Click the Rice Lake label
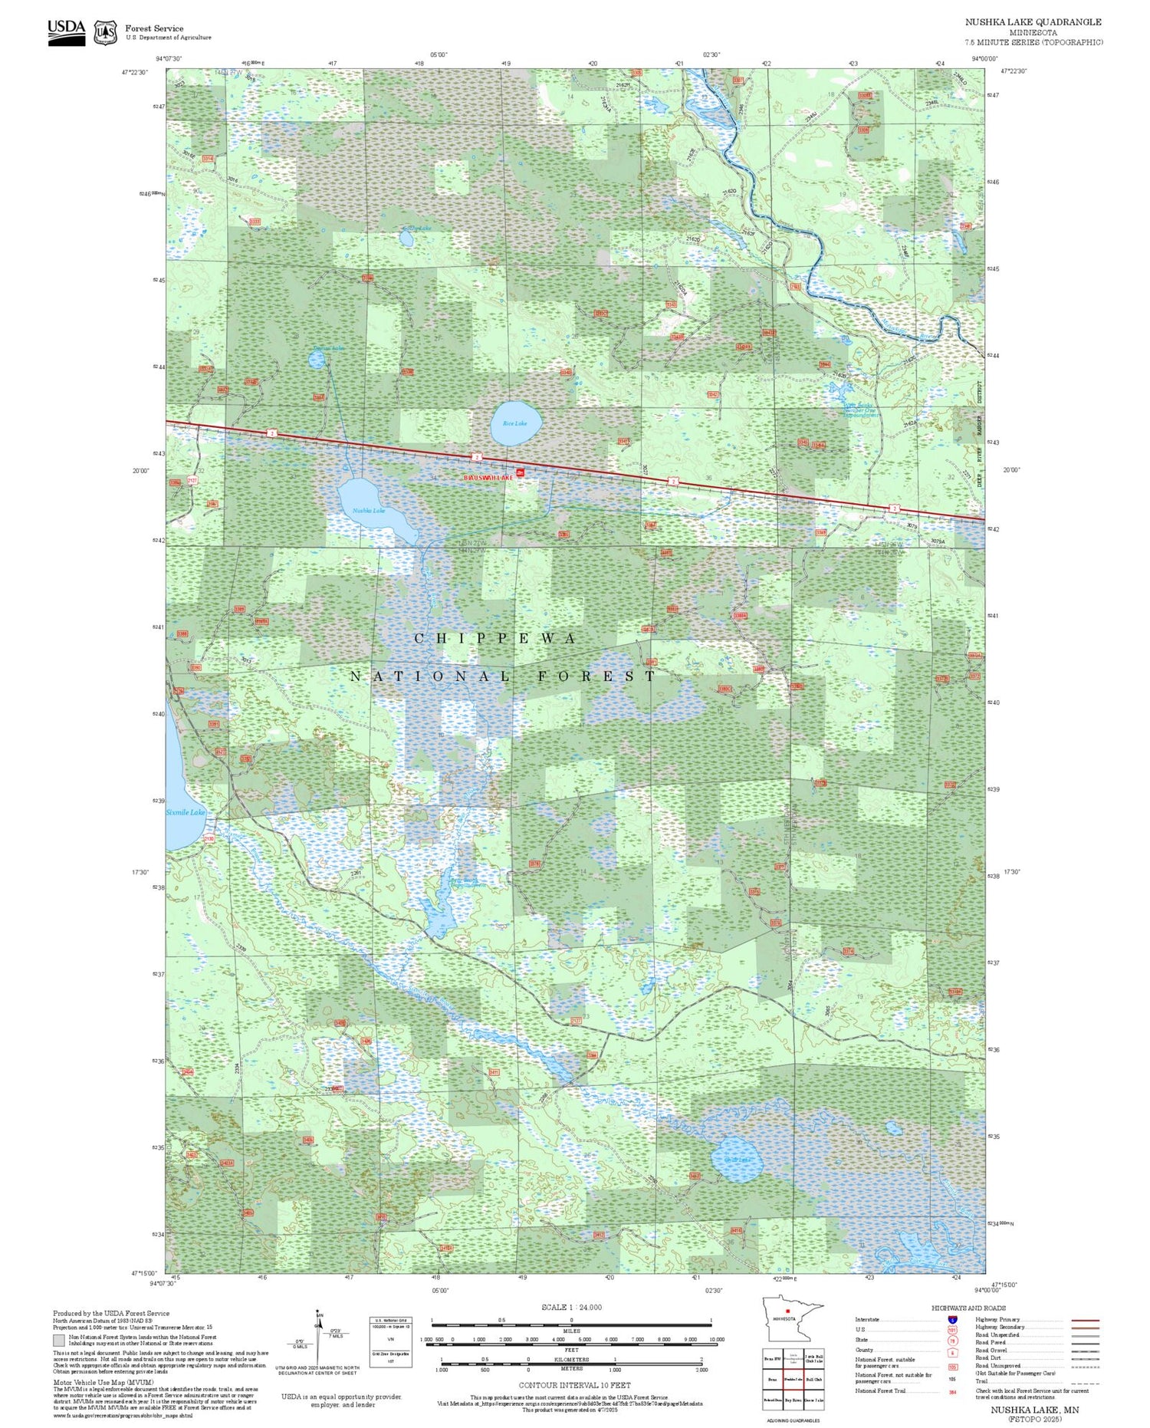(x=514, y=423)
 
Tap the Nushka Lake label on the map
(x=368, y=510)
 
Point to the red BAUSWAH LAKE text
(x=487, y=477)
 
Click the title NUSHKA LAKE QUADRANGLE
(x=1033, y=22)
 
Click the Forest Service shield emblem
(x=105, y=33)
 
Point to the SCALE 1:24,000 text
(x=571, y=1307)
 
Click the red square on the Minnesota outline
(x=787, y=1311)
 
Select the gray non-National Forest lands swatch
(x=59, y=1341)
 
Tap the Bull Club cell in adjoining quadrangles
(x=814, y=1379)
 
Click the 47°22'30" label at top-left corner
(x=134, y=72)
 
